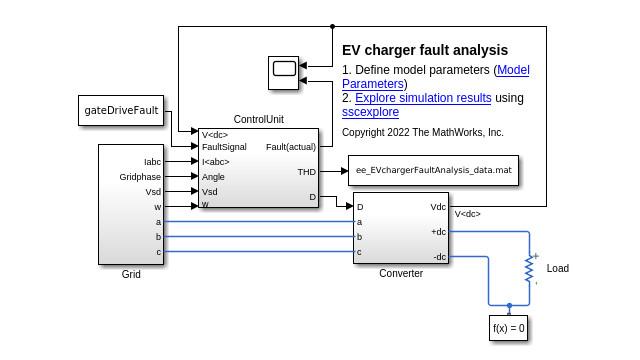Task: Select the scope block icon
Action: [x=284, y=69]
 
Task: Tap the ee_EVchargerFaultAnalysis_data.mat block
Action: [x=433, y=171]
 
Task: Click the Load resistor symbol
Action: [x=529, y=268]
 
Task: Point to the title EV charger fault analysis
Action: [x=425, y=50]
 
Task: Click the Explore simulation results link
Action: [x=423, y=98]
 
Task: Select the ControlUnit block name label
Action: [x=259, y=120]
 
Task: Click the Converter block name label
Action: [x=400, y=273]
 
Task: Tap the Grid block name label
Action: [x=131, y=273]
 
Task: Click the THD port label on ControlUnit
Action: [x=306, y=172]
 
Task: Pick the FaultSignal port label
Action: [x=224, y=147]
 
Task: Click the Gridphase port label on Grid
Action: [x=140, y=176]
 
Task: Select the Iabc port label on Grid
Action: [x=151, y=161]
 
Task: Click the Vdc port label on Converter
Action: [x=438, y=207]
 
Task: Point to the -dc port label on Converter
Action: [x=439, y=257]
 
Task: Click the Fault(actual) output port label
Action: [x=291, y=147]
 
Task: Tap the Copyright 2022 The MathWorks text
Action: [x=422, y=132]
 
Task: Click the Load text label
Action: [x=558, y=269]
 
